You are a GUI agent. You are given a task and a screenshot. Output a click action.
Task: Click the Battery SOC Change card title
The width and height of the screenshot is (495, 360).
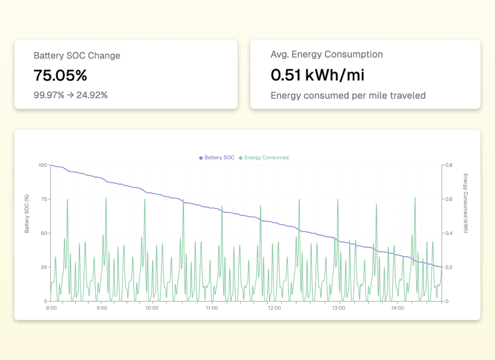coord(77,56)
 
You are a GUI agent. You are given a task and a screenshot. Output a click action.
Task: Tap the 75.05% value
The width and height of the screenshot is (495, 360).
coord(60,76)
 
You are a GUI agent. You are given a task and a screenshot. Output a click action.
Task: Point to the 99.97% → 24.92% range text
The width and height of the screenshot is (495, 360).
coord(71,95)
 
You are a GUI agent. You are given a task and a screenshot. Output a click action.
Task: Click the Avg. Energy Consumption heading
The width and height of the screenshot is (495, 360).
coord(327,54)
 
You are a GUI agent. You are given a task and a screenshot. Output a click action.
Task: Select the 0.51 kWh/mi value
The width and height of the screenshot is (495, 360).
coord(317,75)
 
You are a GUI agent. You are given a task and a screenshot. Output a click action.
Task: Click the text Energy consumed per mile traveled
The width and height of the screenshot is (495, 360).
coord(348,95)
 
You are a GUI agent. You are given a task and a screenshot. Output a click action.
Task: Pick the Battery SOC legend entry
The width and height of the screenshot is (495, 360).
coord(217,157)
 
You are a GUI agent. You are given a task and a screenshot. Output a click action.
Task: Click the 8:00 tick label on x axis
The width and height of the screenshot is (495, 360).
coord(51,308)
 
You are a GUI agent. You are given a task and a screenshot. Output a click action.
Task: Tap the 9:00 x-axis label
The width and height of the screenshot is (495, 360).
coord(102,308)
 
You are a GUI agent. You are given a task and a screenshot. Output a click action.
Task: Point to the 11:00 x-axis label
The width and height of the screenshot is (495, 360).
coord(212,308)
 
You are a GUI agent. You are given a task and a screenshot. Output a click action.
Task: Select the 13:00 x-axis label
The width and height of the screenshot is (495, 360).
coord(338,308)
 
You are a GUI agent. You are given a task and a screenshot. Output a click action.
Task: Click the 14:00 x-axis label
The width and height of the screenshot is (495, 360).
coord(398,308)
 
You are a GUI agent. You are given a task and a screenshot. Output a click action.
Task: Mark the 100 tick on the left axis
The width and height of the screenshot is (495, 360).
coord(43,165)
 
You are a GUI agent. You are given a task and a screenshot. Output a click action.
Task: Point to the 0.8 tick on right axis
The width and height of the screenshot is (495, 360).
coord(449,165)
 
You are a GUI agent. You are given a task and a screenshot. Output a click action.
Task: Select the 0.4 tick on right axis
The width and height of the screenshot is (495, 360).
coord(449,234)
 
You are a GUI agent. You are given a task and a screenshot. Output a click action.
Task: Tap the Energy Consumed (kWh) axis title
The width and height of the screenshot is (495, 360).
coord(465,203)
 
